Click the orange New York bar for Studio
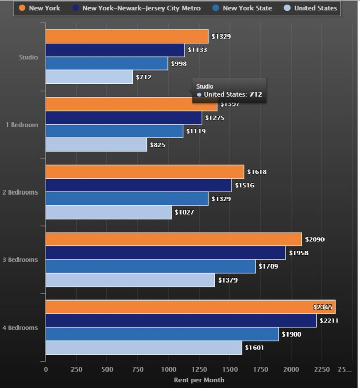(127, 37)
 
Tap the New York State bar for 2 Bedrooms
(127, 199)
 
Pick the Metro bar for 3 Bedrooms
(165, 253)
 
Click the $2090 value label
(315, 240)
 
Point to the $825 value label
(158, 145)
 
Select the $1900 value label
(292, 334)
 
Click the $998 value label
(179, 64)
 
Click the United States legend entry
(310, 8)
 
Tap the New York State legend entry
(242, 8)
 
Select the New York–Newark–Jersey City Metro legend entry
(136, 8)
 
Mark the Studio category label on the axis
(28, 57)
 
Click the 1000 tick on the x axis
(168, 369)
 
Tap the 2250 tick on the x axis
(321, 369)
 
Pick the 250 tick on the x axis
(76, 369)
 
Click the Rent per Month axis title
(199, 380)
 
